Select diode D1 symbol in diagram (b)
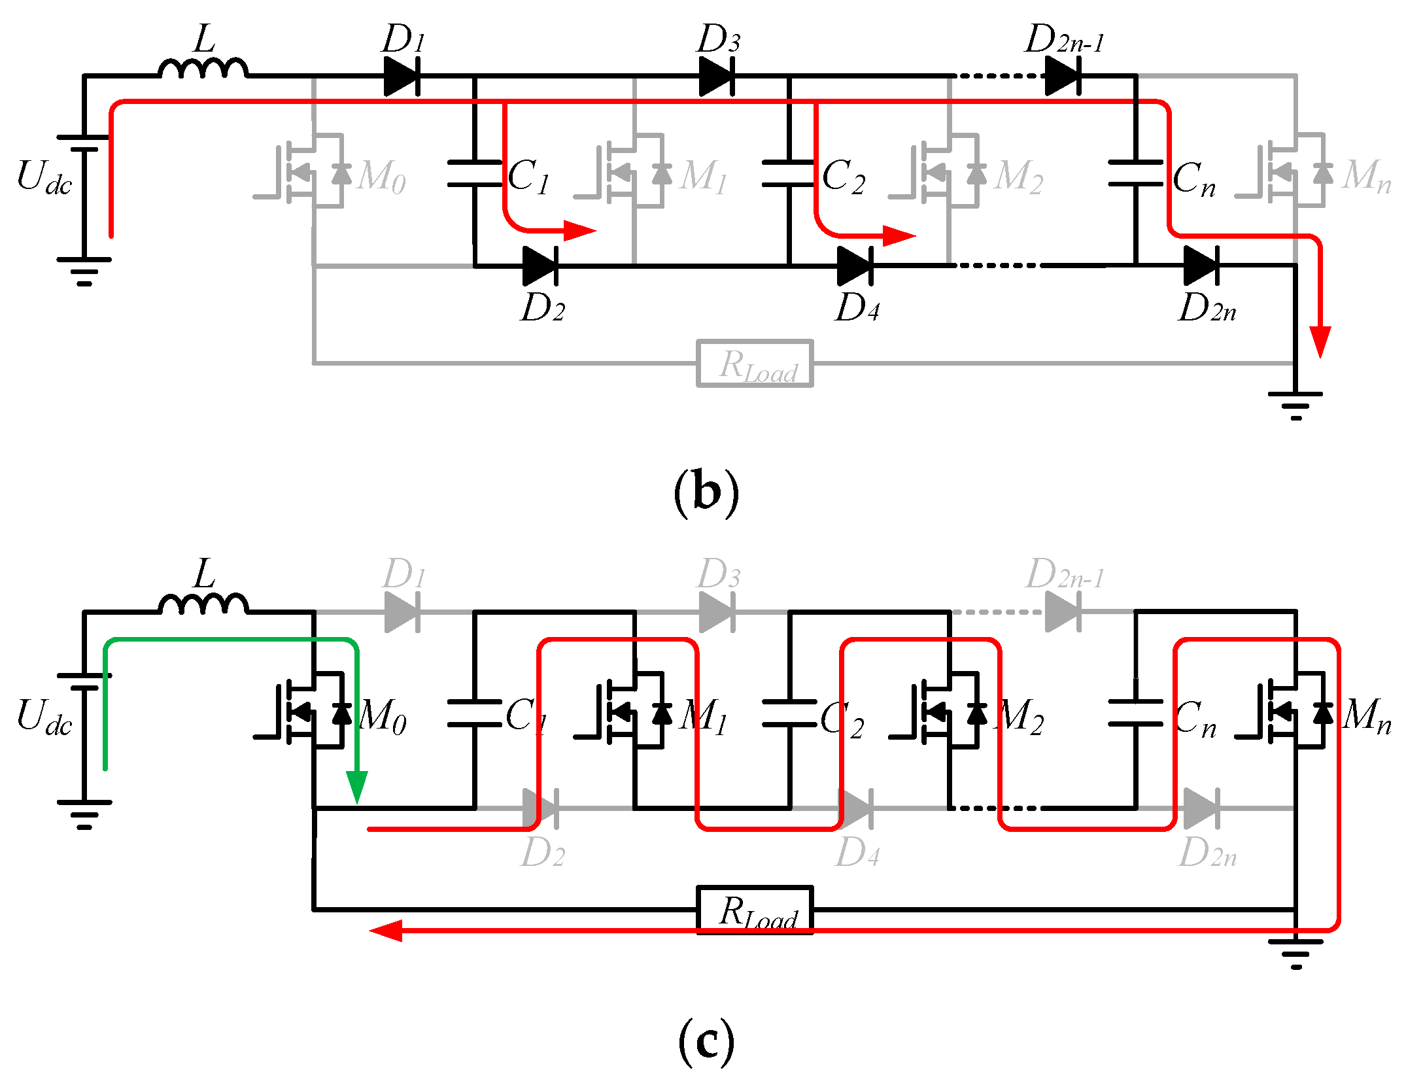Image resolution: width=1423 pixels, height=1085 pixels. coord(402,77)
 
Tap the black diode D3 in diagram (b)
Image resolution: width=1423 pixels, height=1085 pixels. coord(717,77)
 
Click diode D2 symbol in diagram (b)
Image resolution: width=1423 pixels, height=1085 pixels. coord(540,266)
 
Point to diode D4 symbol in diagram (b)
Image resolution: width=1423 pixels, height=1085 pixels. coord(855,266)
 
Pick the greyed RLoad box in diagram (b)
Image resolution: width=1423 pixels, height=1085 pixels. coord(755,364)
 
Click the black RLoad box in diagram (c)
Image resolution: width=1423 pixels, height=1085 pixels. coord(755,910)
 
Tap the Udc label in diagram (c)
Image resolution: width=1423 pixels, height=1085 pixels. coord(44,716)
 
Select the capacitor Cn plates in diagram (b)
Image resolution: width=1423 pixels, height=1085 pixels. coord(1136,173)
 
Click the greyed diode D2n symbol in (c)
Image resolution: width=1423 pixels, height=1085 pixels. coord(1201,808)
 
